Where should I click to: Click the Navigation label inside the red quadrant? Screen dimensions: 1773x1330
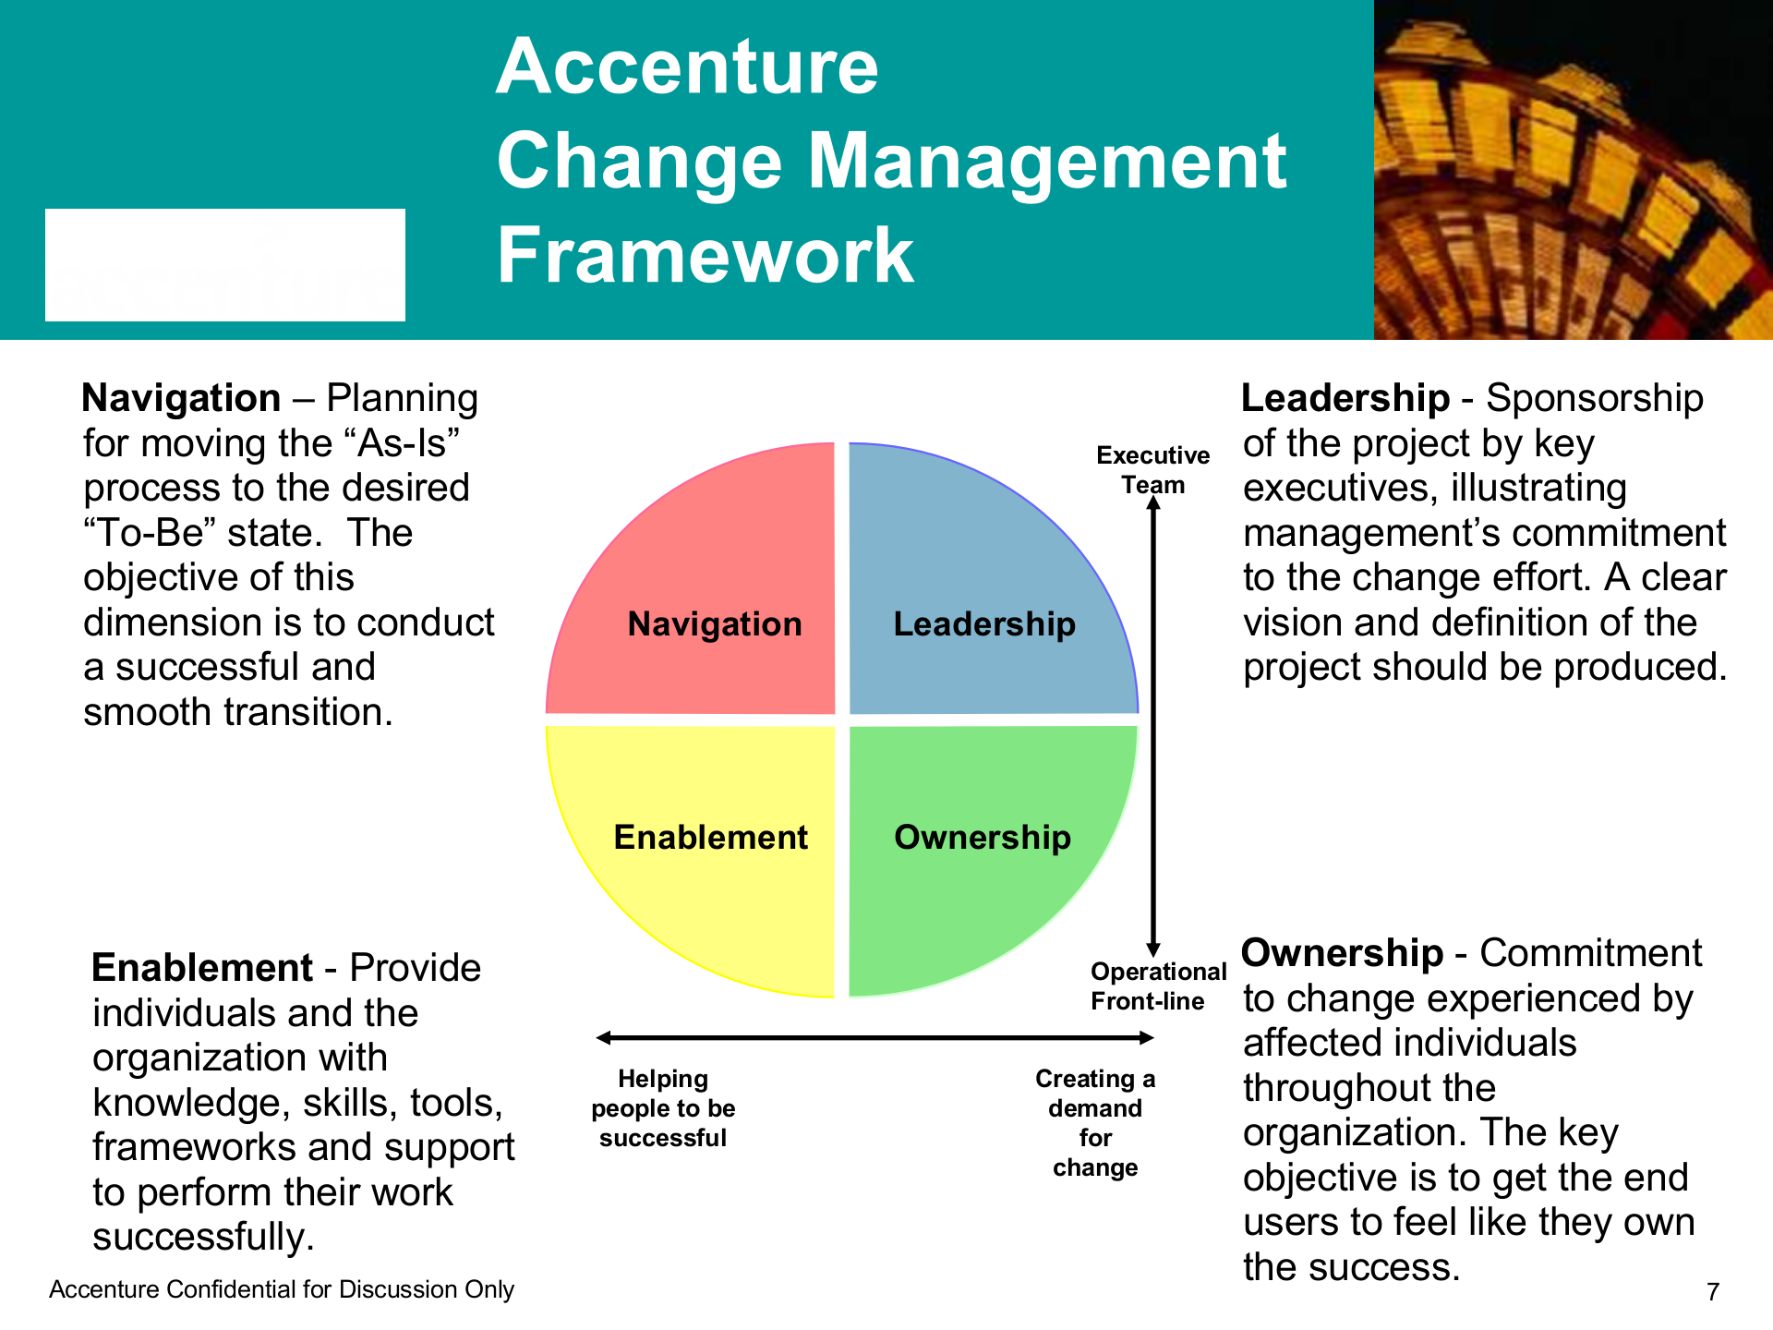pyautogui.click(x=715, y=624)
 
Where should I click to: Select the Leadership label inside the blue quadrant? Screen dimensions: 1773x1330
pyautogui.click(x=984, y=624)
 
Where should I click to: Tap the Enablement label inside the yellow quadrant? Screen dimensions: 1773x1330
pyautogui.click(x=711, y=837)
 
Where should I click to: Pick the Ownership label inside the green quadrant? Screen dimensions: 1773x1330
pyautogui.click(x=983, y=837)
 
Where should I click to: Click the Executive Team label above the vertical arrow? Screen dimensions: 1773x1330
pyautogui.click(x=1153, y=470)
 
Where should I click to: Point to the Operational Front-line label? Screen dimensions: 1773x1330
pyautogui.click(x=1159, y=986)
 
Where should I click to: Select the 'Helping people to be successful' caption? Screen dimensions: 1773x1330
pyautogui.click(x=663, y=1108)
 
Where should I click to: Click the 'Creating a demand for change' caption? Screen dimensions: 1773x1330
pyautogui.click(x=1095, y=1123)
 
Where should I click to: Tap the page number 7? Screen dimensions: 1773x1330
pyautogui.click(x=1713, y=1291)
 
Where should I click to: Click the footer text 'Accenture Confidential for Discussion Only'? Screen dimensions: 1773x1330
pyautogui.click(x=282, y=1289)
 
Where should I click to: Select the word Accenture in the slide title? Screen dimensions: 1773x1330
pyautogui.click(x=687, y=66)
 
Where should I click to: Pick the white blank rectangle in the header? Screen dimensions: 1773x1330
pyautogui.click(x=225, y=265)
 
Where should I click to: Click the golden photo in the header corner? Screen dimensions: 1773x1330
pyautogui.click(x=1574, y=170)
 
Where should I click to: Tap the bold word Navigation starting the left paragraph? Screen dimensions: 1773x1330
pyautogui.click(x=181, y=398)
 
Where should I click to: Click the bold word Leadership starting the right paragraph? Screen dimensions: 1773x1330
pyautogui.click(x=1345, y=398)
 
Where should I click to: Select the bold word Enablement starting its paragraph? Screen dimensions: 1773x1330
pyautogui.click(x=202, y=968)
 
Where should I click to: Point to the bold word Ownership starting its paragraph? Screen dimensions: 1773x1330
pyautogui.click(x=1342, y=953)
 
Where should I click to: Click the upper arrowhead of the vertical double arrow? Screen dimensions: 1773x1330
pyautogui.click(x=1153, y=502)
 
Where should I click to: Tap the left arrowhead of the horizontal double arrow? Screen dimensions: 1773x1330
pyautogui.click(x=604, y=1038)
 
